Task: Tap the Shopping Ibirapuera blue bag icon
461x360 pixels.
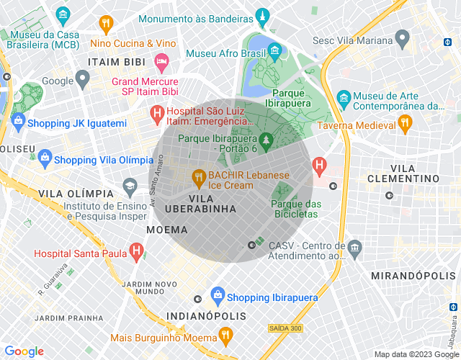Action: pos(217,295)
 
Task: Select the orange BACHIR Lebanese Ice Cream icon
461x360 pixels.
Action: pos(197,176)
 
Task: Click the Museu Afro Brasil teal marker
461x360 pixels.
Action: pos(274,50)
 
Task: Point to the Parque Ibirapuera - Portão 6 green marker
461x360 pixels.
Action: pos(266,141)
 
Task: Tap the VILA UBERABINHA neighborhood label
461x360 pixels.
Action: pos(201,203)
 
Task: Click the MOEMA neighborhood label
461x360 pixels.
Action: pos(166,230)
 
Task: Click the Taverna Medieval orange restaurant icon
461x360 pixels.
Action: pos(405,123)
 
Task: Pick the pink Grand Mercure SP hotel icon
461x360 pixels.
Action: pos(161,63)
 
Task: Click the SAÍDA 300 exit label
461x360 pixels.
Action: pos(286,328)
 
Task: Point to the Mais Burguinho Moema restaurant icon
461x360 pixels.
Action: pos(225,336)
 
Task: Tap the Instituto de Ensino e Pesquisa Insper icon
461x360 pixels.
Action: pos(130,185)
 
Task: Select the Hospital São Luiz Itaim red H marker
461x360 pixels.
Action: pos(156,114)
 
